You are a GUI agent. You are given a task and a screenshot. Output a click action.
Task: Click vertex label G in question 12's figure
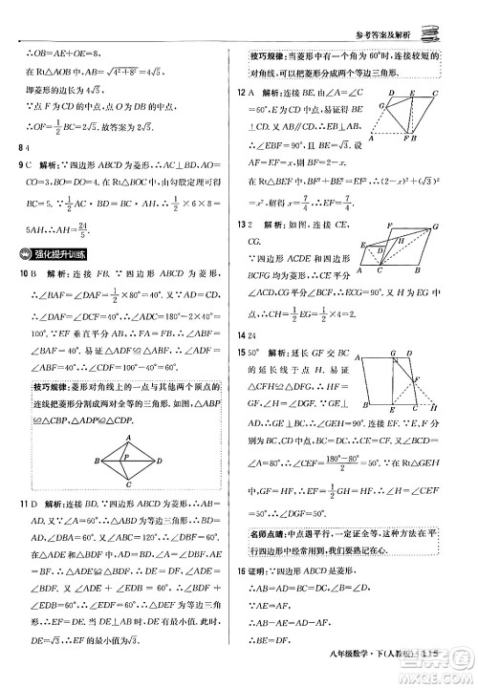pyautogui.click(x=389, y=94)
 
